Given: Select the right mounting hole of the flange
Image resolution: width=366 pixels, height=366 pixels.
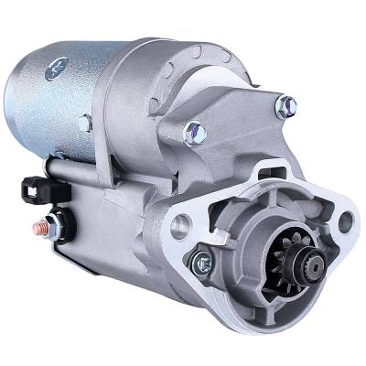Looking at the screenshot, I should click(346, 221).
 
